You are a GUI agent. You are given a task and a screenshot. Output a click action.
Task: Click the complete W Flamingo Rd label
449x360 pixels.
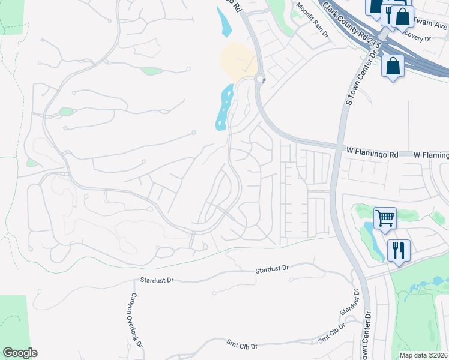click(372, 154)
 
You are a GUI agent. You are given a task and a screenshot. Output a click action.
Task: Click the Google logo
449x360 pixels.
click(20, 353)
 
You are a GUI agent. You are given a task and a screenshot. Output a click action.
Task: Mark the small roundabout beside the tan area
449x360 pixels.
click(260, 79)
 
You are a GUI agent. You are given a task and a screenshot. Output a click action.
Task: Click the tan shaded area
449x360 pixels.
click(238, 61)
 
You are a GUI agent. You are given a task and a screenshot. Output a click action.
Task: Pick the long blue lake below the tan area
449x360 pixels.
click(224, 107)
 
